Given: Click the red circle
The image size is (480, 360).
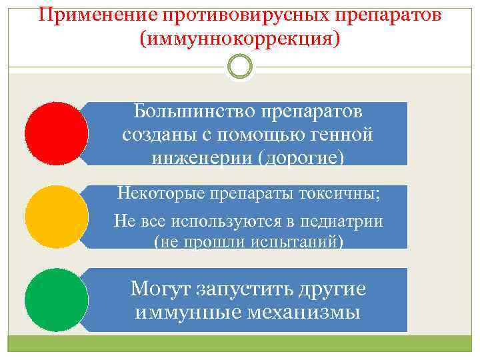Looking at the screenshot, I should click(57, 133).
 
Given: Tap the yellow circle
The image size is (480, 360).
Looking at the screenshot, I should click(57, 217).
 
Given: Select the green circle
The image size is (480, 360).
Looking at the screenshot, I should click(57, 300).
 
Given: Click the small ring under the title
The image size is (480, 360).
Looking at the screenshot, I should click(239, 67).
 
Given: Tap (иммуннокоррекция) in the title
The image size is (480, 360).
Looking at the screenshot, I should click(239, 39).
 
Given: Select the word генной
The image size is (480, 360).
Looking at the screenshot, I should click(341, 134).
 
